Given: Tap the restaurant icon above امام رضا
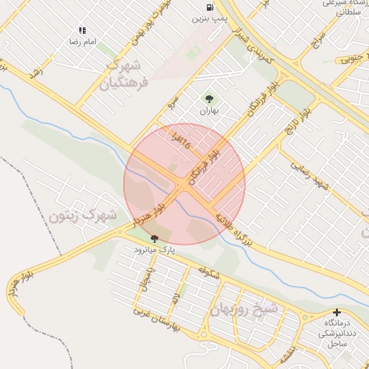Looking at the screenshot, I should [x=82, y=31].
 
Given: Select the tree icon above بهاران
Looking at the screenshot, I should [x=209, y=99].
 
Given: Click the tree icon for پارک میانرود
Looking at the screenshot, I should [x=154, y=239].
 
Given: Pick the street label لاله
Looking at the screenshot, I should [x=174, y=296].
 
